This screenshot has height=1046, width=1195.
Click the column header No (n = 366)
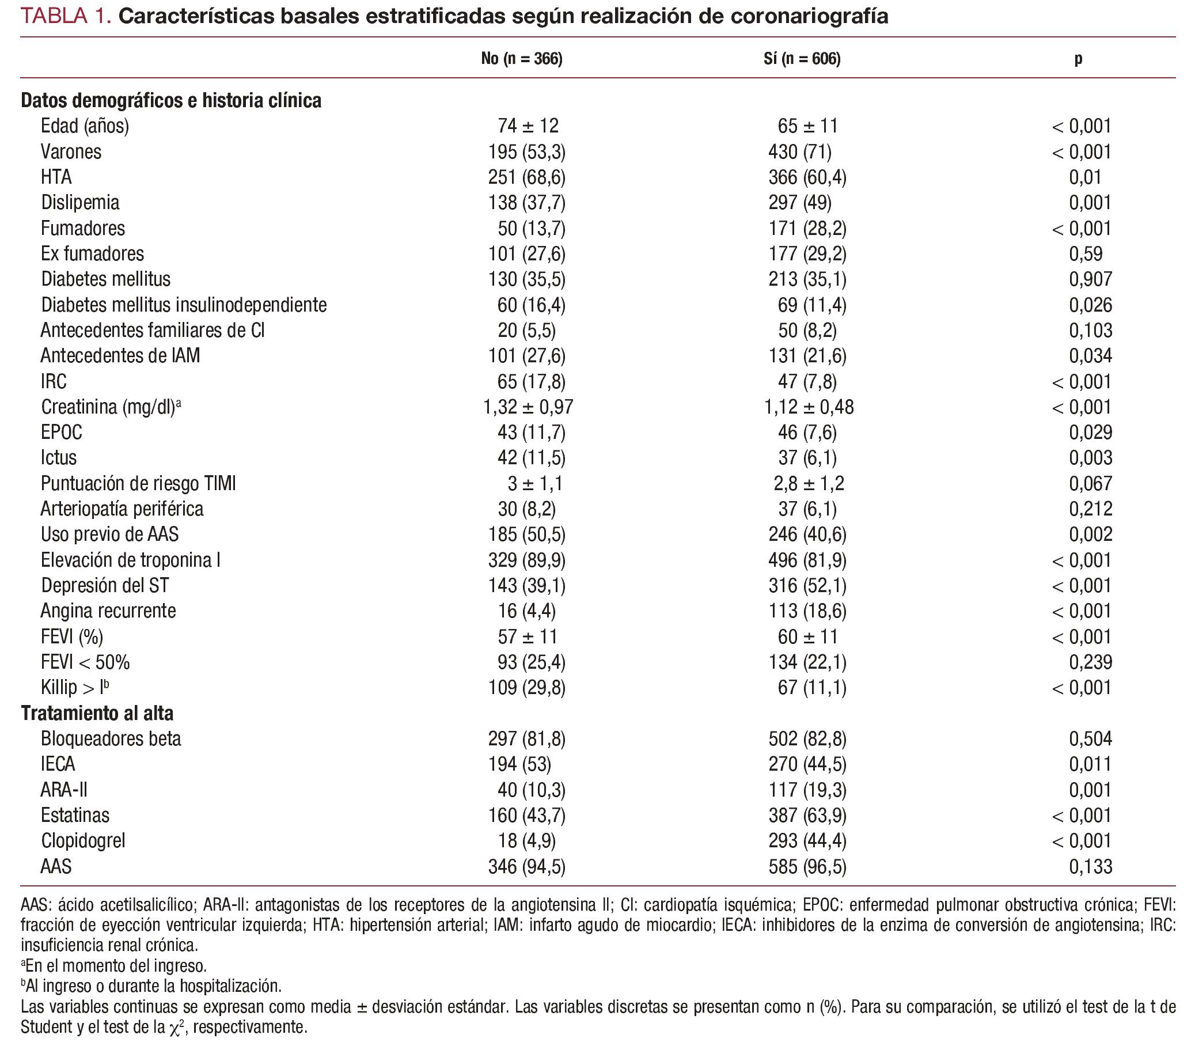tap(521, 59)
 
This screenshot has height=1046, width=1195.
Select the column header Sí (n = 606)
tap(802, 59)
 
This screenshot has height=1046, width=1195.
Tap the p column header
tap(1078, 59)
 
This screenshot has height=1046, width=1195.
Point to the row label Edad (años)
tap(85, 126)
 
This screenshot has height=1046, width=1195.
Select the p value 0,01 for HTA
tap(1085, 177)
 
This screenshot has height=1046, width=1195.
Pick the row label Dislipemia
tap(80, 203)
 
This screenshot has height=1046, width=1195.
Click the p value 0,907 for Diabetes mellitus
tap(1090, 279)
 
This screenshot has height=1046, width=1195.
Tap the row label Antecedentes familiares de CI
tap(152, 331)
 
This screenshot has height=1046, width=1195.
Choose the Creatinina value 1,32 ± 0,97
tap(528, 407)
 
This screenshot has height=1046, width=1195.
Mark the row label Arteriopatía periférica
tap(122, 509)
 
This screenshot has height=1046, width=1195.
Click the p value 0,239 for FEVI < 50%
tap(1090, 662)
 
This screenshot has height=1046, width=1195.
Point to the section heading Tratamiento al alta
tap(97, 713)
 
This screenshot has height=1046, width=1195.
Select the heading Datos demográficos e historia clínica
tap(171, 100)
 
